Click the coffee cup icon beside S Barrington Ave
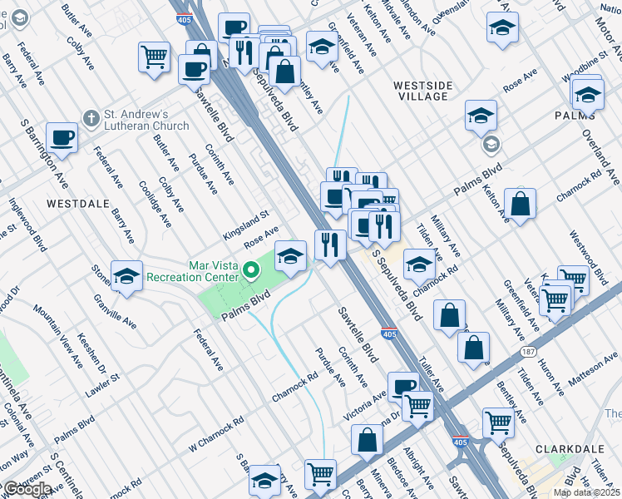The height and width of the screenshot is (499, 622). pos(62,137)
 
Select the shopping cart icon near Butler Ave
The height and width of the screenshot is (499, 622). pos(154,57)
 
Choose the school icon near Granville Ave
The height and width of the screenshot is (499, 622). pos(126,276)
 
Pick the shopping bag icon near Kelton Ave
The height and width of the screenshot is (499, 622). pos(520,203)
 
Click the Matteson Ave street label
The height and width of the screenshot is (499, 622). pos(593,368)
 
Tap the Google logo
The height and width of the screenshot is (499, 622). pos(27,488)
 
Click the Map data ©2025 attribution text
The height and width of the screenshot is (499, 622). pos(586,492)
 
